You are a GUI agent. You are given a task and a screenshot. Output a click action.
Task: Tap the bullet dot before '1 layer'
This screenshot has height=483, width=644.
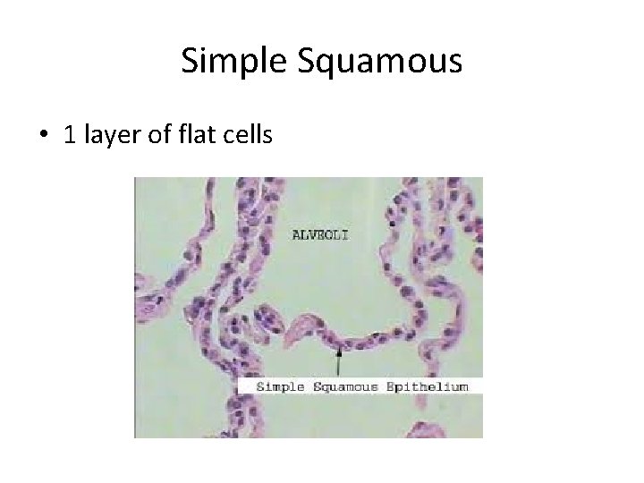tap(43, 137)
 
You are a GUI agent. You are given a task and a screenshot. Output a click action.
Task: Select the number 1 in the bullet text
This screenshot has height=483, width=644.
tap(70, 136)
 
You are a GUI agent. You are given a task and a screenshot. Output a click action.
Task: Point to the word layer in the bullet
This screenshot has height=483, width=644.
tap(111, 137)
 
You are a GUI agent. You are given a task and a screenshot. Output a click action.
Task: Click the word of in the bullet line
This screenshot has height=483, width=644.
tap(158, 136)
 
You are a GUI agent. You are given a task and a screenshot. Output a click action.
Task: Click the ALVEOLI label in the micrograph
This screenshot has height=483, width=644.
tap(321, 235)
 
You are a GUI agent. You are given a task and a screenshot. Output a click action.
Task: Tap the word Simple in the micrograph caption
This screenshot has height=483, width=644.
tap(278, 386)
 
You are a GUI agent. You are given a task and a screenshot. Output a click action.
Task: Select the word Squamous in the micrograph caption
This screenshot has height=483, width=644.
tap(343, 386)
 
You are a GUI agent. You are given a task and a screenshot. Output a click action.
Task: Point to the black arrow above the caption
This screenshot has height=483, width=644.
tap(338, 361)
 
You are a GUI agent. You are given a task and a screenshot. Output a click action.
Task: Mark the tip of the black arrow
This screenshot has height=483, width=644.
tap(338, 349)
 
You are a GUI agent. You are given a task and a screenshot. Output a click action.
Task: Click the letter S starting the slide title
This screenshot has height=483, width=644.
tap(189, 61)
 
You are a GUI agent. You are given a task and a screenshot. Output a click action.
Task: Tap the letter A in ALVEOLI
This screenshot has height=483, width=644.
tap(298, 235)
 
